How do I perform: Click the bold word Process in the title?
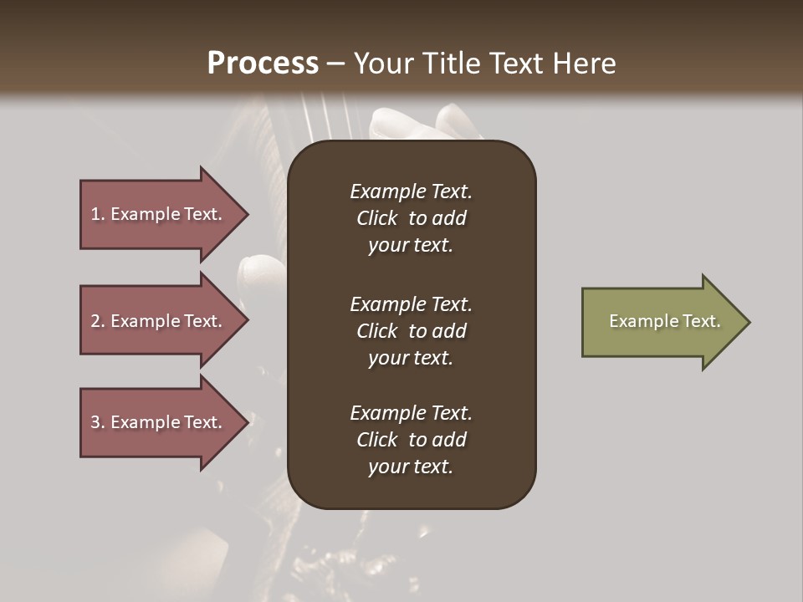tap(263, 64)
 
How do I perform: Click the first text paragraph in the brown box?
tap(411, 218)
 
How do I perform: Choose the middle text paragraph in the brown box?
tap(411, 331)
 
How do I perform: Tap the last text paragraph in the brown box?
tap(411, 440)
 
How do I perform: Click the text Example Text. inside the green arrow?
tap(664, 321)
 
